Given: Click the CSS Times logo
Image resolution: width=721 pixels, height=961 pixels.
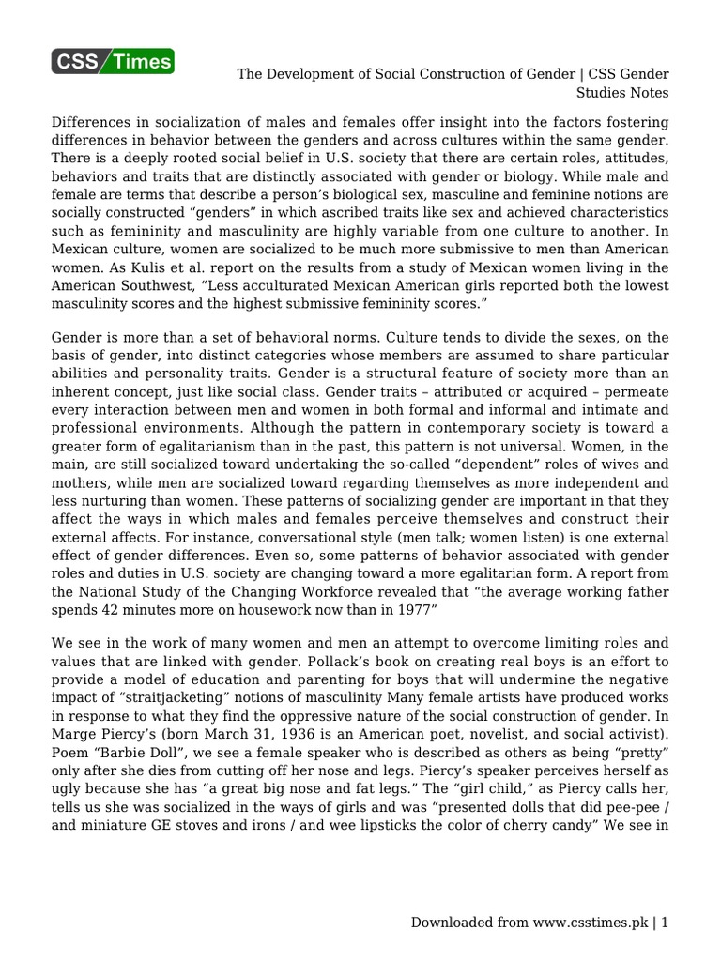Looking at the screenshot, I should click(113, 62).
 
